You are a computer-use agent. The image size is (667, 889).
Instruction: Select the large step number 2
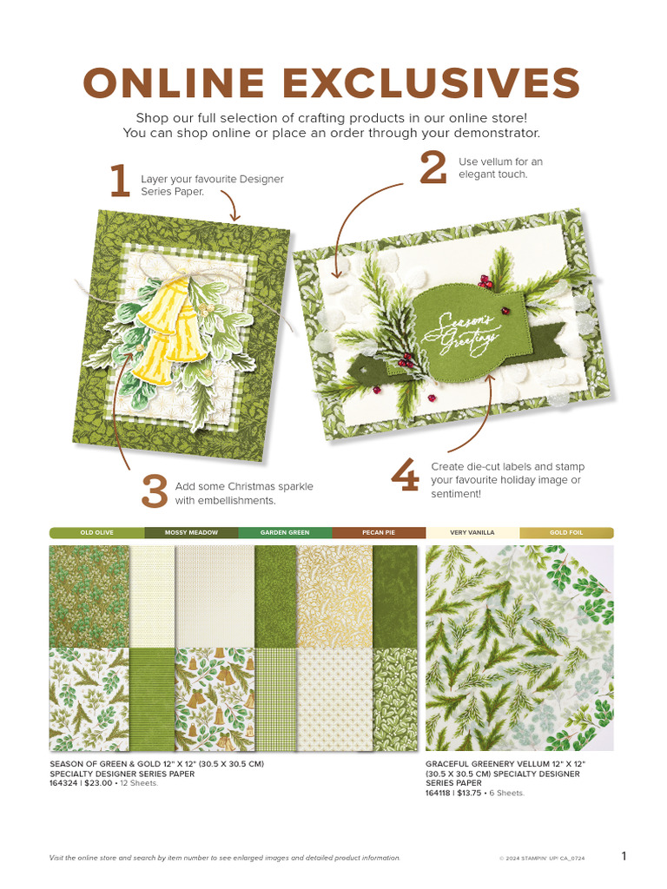coord(432,168)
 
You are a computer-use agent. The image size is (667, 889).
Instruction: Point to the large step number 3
coord(153,492)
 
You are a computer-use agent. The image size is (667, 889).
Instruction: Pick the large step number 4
coord(405,477)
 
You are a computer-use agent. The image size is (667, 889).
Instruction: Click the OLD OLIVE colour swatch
coord(96,532)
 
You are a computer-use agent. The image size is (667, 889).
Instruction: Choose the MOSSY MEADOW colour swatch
coord(191,532)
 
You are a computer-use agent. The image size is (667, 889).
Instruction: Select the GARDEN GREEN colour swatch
coord(285,532)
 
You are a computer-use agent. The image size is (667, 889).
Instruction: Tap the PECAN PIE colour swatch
coord(379,532)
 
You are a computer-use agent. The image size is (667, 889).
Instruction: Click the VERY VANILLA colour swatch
coord(472,532)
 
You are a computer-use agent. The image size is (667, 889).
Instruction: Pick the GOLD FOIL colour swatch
coord(566,532)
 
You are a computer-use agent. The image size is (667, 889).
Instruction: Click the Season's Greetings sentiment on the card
coord(470,328)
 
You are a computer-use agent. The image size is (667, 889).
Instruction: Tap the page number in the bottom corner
coord(624,856)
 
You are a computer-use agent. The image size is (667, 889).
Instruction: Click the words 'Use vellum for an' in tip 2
coord(500,161)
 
